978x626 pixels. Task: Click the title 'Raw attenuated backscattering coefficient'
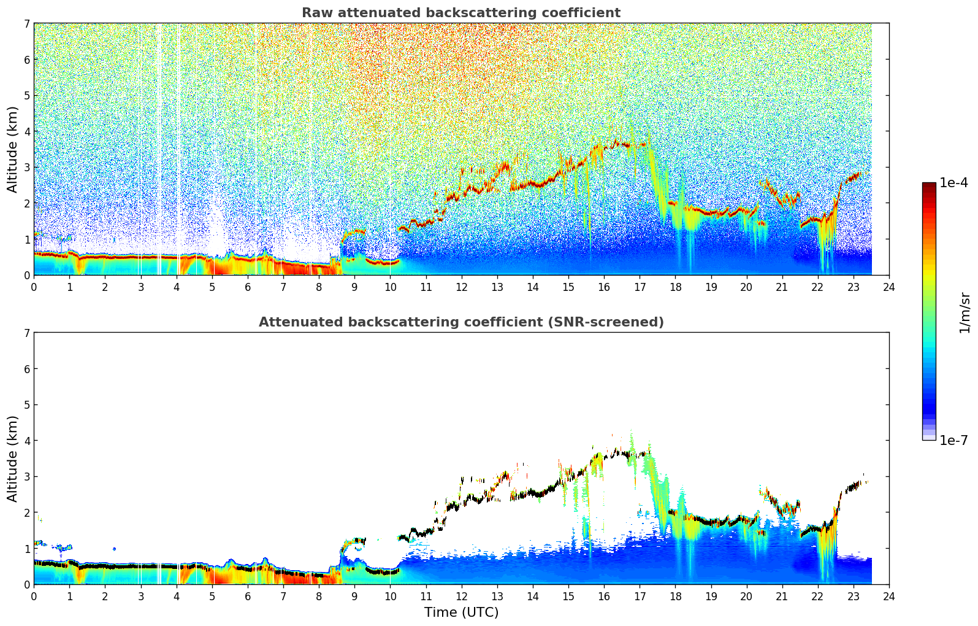pos(460,13)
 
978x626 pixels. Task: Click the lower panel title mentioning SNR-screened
pos(460,322)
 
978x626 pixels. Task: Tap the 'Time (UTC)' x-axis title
pos(461,612)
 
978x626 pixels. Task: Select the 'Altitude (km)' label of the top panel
pos(13,149)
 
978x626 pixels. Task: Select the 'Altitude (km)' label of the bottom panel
pos(13,458)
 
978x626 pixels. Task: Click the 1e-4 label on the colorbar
pos(953,183)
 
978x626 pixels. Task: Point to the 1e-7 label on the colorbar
pos(953,440)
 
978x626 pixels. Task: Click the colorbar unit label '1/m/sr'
pos(965,312)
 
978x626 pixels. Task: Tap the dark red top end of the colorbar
pos(929,185)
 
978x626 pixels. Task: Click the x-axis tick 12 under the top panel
pos(461,287)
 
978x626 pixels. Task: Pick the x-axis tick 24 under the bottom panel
pos(889,596)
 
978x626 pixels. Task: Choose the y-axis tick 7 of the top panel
pos(26,24)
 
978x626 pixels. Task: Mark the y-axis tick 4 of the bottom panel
pos(26,441)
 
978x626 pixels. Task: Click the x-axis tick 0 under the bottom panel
pos(34,596)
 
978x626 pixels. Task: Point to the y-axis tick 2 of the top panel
pos(26,203)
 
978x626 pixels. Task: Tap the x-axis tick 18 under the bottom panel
pos(675,596)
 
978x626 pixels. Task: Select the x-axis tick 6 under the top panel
pos(248,287)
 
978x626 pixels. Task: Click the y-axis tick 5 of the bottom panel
pos(26,405)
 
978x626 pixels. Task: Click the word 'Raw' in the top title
pos(316,13)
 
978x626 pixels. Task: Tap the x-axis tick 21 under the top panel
pos(782,287)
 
